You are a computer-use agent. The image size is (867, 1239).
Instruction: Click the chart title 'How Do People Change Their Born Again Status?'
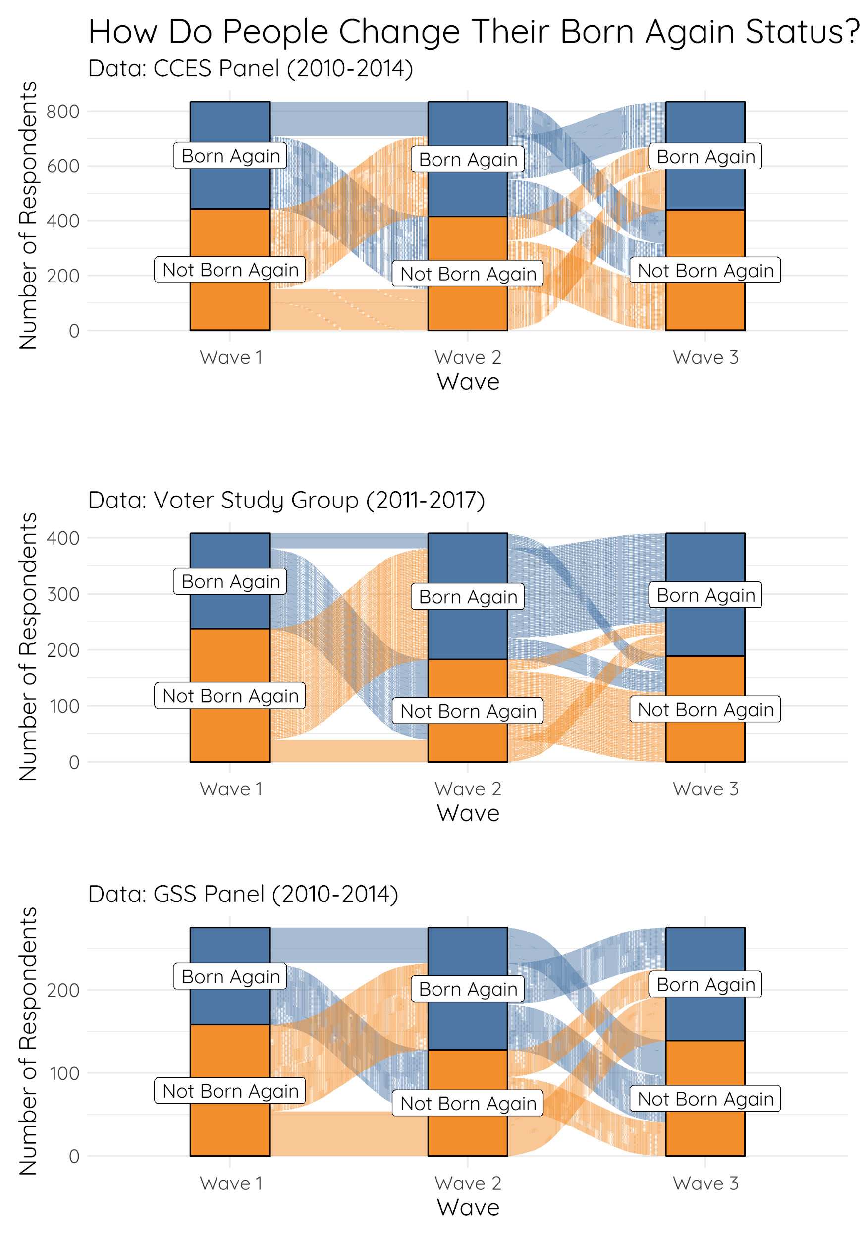pyautogui.click(x=473, y=31)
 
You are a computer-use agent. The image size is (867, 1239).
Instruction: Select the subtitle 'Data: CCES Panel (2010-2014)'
pyautogui.click(x=250, y=68)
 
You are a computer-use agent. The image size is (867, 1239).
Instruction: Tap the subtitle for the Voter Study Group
pyautogui.click(x=286, y=500)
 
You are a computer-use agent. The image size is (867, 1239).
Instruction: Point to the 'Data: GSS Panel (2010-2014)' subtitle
pyautogui.click(x=243, y=894)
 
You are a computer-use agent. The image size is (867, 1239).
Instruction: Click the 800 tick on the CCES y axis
pyautogui.click(x=62, y=112)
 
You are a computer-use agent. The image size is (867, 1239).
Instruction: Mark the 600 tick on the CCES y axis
pyautogui.click(x=62, y=166)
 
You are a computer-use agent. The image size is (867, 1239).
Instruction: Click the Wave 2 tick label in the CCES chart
pyautogui.click(x=468, y=357)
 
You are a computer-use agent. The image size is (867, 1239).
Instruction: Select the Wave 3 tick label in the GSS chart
pyautogui.click(x=705, y=1183)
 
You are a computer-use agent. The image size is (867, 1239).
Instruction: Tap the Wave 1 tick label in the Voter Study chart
pyautogui.click(x=230, y=789)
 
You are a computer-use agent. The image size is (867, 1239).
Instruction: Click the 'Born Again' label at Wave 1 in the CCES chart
pyautogui.click(x=230, y=156)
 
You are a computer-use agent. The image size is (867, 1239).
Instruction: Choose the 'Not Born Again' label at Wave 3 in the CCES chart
pyautogui.click(x=705, y=271)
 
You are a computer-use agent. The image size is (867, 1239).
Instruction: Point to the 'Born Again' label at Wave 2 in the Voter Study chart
pyautogui.click(x=468, y=597)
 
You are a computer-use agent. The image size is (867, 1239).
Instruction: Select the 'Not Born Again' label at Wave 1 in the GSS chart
pyautogui.click(x=230, y=1091)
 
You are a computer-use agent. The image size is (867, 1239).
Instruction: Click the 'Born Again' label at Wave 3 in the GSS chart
pyautogui.click(x=705, y=985)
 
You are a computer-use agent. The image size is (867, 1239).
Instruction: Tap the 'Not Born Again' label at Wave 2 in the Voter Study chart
pyautogui.click(x=468, y=711)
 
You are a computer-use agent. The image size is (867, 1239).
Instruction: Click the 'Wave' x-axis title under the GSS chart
pyautogui.click(x=468, y=1208)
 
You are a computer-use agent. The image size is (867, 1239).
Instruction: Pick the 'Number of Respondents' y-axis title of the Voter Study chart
pyautogui.click(x=28, y=646)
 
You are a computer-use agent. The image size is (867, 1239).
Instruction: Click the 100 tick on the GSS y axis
pyautogui.click(x=64, y=1073)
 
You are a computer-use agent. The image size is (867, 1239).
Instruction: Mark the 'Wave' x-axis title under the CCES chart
pyautogui.click(x=468, y=382)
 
